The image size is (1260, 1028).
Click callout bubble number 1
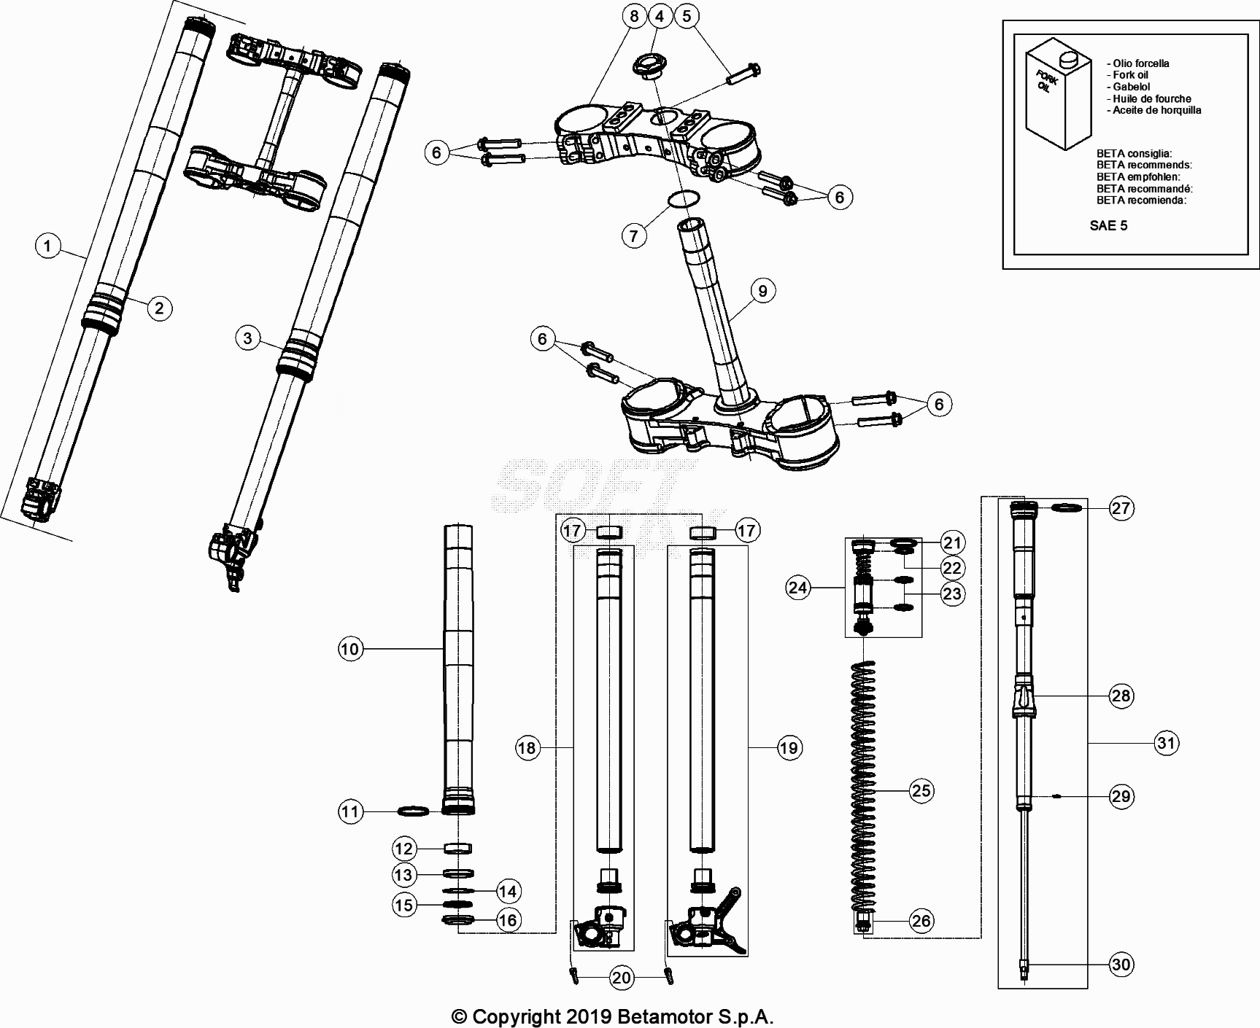click(x=48, y=246)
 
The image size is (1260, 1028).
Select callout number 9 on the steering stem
click(x=762, y=292)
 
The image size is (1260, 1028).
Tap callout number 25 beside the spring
click(x=921, y=790)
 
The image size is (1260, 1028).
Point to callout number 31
click(x=1167, y=743)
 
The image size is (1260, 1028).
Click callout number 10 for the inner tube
click(x=351, y=649)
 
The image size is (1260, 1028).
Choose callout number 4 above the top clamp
click(x=660, y=15)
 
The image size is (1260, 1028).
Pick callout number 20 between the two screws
click(x=621, y=978)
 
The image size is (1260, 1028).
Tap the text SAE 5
click(x=1108, y=225)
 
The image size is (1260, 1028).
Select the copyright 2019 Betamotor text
click(x=613, y=1016)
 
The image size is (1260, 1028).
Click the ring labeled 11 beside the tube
click(x=413, y=811)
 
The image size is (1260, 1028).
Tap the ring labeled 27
click(x=1067, y=507)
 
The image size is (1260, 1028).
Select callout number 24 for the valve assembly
click(x=798, y=587)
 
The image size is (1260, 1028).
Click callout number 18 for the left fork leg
click(x=527, y=747)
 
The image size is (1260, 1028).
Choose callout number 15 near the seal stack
click(x=403, y=905)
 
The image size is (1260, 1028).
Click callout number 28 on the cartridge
click(x=1121, y=696)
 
